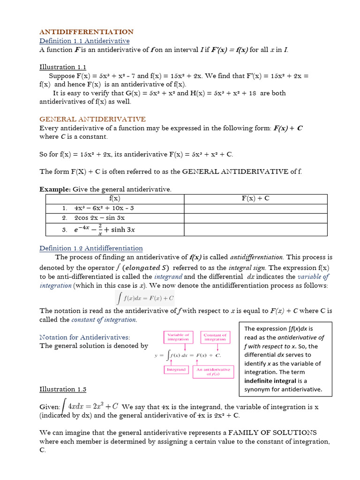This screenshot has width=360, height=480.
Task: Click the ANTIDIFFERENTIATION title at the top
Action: coord(86,32)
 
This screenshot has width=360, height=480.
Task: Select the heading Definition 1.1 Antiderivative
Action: coord(84,41)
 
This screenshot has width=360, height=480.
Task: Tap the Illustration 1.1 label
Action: coord(62,67)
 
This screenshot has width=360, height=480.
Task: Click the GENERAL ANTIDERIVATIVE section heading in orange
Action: coord(92,119)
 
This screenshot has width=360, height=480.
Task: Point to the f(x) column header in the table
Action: coord(114,198)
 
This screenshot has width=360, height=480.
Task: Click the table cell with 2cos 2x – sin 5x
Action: coord(99,218)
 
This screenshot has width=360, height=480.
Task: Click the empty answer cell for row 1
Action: coord(255,208)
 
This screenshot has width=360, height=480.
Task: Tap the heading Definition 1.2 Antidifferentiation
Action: coord(91,248)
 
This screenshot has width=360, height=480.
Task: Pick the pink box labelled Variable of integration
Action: coord(178,337)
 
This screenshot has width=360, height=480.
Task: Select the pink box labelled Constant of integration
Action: coord(215,337)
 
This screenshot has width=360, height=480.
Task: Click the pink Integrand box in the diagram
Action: coord(176,369)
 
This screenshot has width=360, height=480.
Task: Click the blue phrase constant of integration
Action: coord(104,320)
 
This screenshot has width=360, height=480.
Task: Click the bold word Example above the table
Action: coord(54,189)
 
